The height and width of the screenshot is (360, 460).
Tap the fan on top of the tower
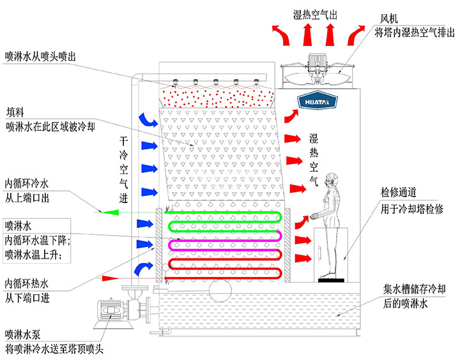(318, 72)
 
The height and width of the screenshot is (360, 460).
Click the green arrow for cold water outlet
(102, 211)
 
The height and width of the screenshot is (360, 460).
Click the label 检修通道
(399, 193)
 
